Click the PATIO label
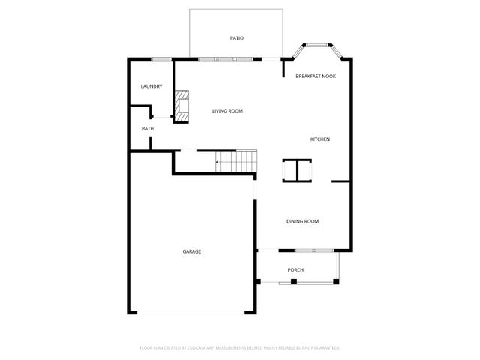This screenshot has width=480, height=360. (x=236, y=38)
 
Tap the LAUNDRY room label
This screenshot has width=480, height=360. (x=151, y=86)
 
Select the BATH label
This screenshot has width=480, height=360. (x=148, y=129)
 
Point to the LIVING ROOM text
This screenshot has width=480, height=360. (x=227, y=111)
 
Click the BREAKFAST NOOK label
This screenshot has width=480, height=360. (x=315, y=76)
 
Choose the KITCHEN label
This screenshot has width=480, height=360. (x=320, y=139)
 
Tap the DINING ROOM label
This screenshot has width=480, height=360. (x=303, y=221)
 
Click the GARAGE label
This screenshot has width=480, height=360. (x=191, y=251)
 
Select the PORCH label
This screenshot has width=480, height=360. (x=295, y=270)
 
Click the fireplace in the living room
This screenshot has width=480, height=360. (x=182, y=106)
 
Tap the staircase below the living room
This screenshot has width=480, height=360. (x=236, y=161)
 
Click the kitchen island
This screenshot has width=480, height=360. (x=297, y=171)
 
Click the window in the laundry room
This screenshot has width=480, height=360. (x=162, y=59)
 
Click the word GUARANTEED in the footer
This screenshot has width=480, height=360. (x=325, y=348)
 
